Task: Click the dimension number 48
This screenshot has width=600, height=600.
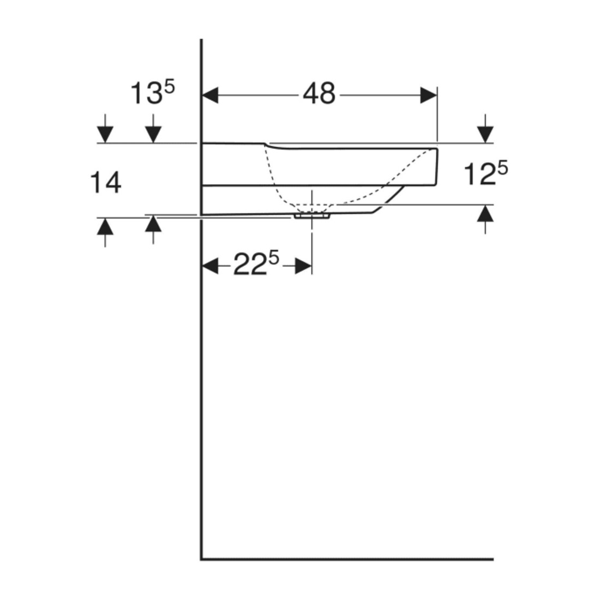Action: [x=319, y=94]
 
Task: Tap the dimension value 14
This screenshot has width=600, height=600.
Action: [x=106, y=183]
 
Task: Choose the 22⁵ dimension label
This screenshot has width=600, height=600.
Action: [x=256, y=263]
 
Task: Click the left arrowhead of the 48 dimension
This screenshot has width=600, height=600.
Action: [x=210, y=95]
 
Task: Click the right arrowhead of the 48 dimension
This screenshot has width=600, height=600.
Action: [x=429, y=95]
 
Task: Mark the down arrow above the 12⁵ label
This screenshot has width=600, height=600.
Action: [x=485, y=129]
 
